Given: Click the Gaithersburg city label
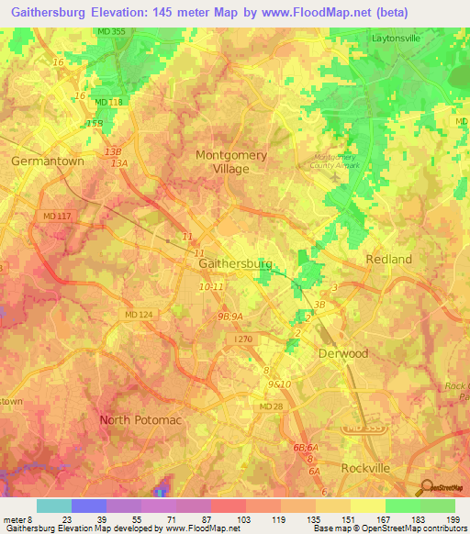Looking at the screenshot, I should pyautogui.click(x=236, y=263).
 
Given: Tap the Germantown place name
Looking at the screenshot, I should pyautogui.click(x=48, y=161).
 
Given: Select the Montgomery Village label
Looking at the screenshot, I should pyautogui.click(x=231, y=161).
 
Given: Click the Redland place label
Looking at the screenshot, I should pyautogui.click(x=388, y=260).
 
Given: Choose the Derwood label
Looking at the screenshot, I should pyautogui.click(x=342, y=353).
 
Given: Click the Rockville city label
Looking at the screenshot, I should pyautogui.click(x=365, y=468).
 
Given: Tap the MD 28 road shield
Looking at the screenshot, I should pyautogui.click(x=271, y=406).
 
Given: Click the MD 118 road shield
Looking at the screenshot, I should pyautogui.click(x=107, y=102).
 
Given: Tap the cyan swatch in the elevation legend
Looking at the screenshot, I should pyautogui.click(x=54, y=506).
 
